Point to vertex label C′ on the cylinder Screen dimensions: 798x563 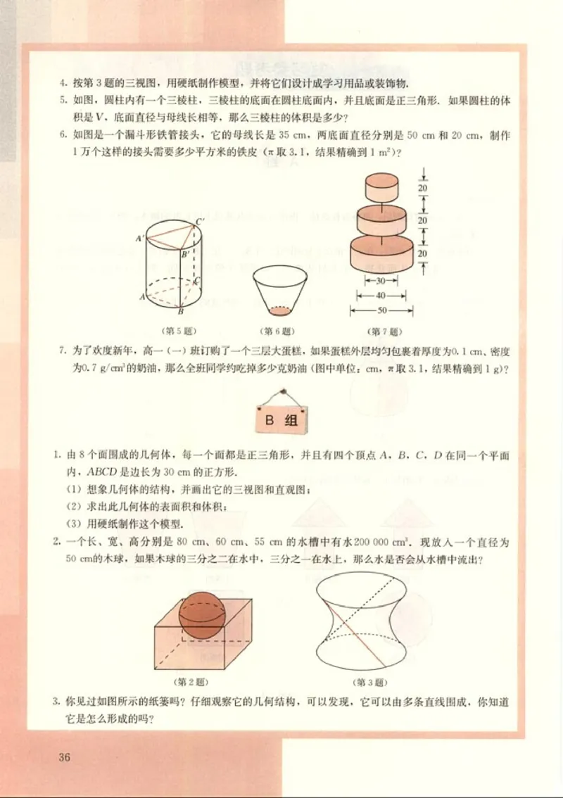(201, 222)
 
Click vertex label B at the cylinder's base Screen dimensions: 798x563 (180, 312)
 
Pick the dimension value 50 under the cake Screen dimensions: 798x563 (381, 310)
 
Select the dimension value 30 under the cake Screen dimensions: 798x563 (381, 280)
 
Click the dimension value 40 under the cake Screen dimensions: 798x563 (381, 296)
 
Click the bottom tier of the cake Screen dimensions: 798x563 (381, 254)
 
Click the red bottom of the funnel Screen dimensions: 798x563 (279, 310)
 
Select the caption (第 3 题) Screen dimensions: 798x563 (371, 682)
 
